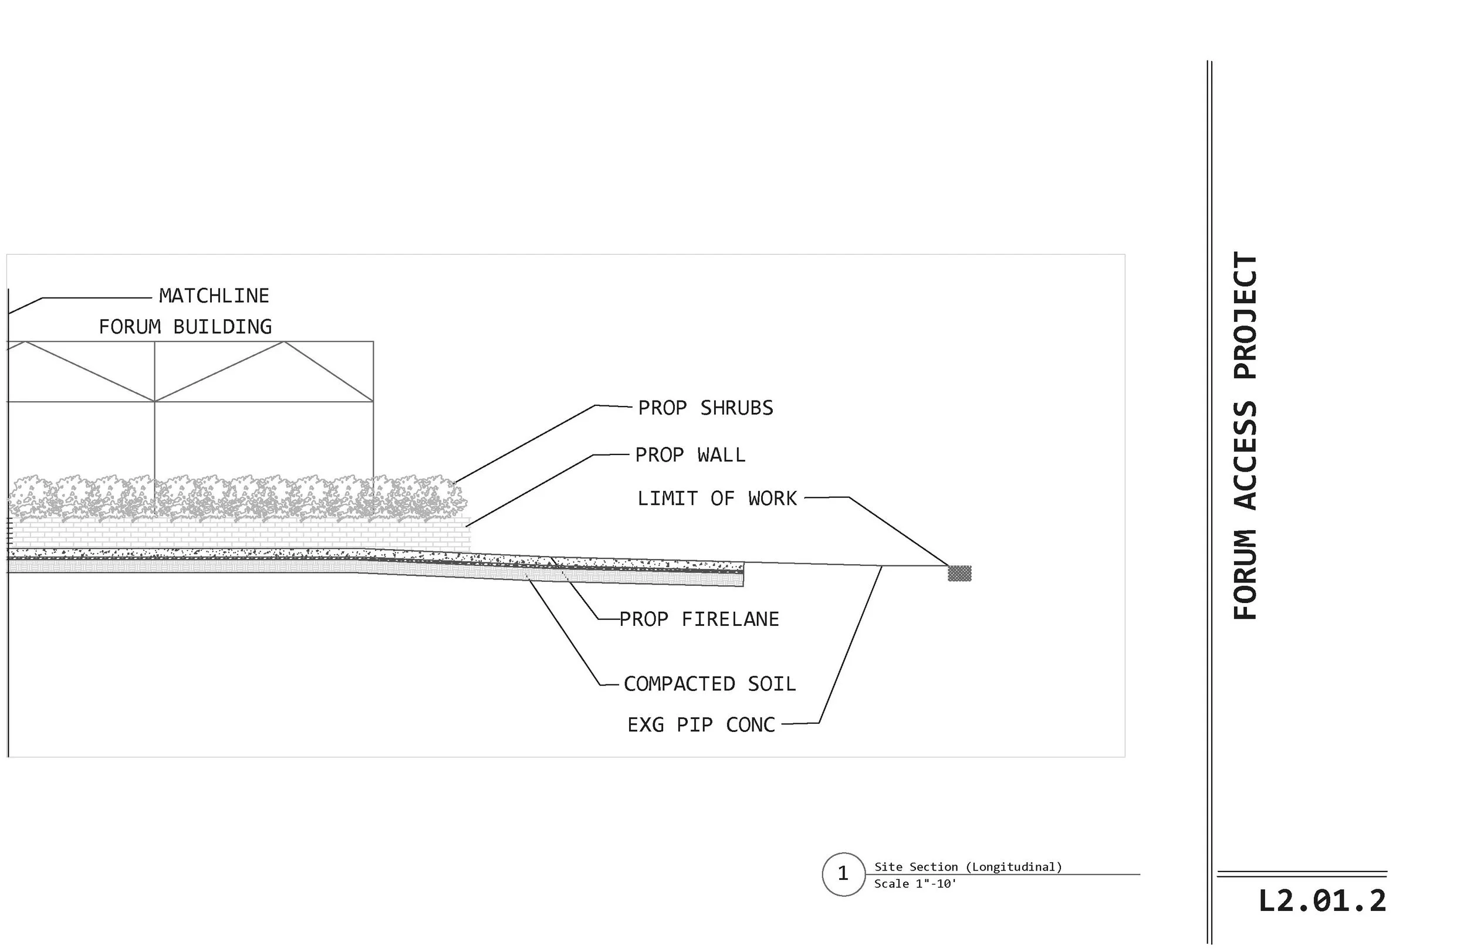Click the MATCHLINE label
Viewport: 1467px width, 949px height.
214,296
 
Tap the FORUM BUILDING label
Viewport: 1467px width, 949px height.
185,327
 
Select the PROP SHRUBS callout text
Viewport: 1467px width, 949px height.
705,408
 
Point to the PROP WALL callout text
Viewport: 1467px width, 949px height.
690,455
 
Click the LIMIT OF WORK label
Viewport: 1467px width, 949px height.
717,498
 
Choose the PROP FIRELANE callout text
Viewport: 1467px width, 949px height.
699,619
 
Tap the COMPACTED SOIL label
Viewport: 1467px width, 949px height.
709,683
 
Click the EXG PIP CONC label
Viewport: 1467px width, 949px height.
701,725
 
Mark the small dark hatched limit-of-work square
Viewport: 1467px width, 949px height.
959,573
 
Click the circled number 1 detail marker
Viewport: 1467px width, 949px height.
843,874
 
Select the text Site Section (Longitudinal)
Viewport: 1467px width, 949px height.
968,867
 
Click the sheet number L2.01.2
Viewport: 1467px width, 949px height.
1321,901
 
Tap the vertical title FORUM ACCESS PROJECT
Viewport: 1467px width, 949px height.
1245,435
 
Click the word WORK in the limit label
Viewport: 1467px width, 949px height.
772,498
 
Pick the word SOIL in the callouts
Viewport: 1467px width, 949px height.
772,683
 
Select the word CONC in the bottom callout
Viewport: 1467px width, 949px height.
750,725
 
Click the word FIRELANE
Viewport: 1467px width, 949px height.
730,619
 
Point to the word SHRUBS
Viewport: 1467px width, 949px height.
736,408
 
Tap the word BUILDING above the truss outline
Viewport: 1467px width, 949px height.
222,327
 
